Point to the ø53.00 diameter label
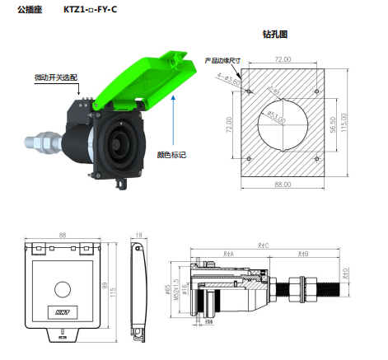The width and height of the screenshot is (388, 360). [275, 120]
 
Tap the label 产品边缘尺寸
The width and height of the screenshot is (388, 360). [222, 60]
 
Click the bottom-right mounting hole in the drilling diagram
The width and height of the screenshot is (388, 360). [316, 157]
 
